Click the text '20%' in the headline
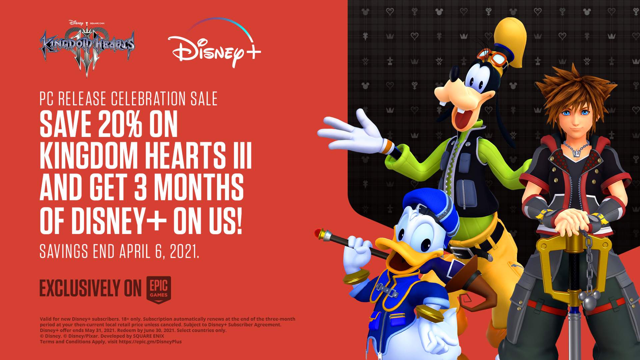(x=119, y=125)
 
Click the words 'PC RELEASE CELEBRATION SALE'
(x=128, y=99)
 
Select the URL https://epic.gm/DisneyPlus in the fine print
(x=150, y=342)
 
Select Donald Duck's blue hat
(x=430, y=203)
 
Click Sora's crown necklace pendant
(x=576, y=152)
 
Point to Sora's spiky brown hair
(x=580, y=90)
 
